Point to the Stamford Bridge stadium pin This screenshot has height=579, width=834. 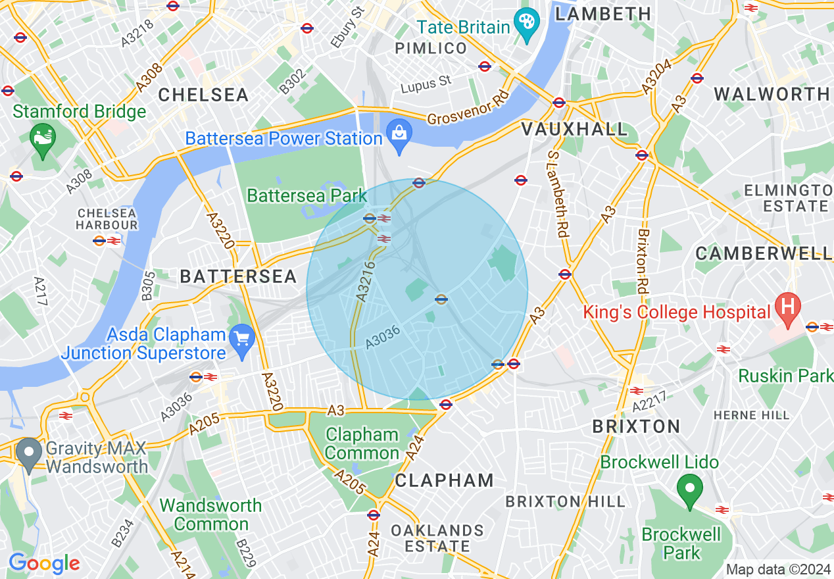(43, 139)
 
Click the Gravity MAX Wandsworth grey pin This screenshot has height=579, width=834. (29, 453)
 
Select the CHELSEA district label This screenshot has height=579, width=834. (203, 95)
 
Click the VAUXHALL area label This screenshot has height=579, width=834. (574, 129)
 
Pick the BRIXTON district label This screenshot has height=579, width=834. (636, 426)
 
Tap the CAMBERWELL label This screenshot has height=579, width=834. (764, 253)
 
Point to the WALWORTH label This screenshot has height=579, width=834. (772, 94)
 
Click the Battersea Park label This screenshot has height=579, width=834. (307, 195)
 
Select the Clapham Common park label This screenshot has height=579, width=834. (362, 444)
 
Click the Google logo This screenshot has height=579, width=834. (44, 563)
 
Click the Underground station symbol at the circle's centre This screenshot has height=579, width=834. (441, 299)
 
